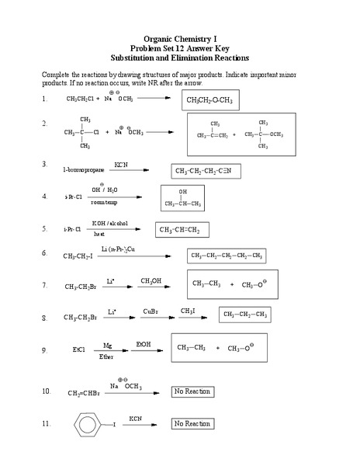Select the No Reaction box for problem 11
(x=192, y=424)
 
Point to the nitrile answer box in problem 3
(x=208, y=171)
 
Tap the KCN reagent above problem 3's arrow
(x=121, y=165)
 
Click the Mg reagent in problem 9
(x=107, y=344)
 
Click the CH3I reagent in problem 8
(x=188, y=311)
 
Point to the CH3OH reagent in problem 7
(x=151, y=280)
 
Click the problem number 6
(x=45, y=253)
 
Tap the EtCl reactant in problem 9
(x=78, y=350)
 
